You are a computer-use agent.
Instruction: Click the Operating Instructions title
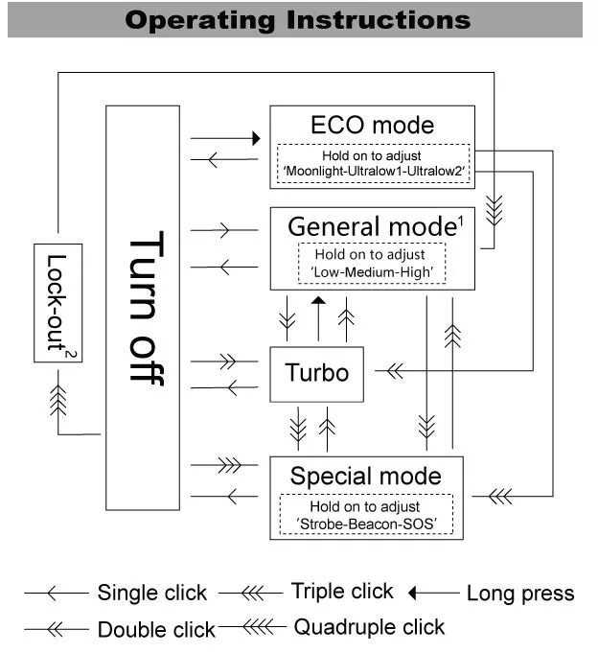pos(298,19)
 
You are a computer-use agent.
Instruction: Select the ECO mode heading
pos(372,125)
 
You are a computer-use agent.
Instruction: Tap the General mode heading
pos(370,227)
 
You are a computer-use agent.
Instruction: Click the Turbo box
pos(317,372)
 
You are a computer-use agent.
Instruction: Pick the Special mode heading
pos(365,476)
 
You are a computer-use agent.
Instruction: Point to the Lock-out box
pos(57,302)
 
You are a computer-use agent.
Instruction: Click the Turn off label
pos(145,307)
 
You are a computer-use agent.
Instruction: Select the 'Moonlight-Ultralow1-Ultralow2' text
pos(373,170)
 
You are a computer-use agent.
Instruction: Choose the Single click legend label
pos(151,593)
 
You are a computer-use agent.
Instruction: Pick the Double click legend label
pos(156,629)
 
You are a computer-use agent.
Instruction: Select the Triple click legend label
pos(342,591)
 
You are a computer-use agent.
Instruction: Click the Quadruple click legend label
pos(369,627)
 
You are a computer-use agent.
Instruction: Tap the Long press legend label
pos(519,594)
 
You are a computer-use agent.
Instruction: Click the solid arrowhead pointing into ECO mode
pos(256,139)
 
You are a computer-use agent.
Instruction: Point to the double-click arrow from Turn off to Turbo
pos(224,362)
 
